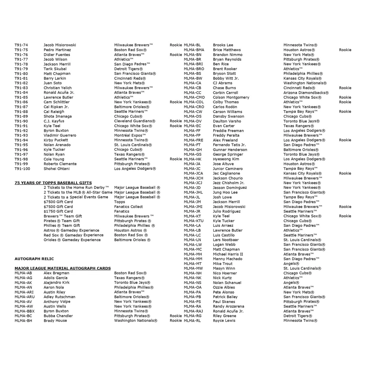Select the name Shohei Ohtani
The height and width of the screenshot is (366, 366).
56,169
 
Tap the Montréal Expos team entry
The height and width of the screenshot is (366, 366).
130,135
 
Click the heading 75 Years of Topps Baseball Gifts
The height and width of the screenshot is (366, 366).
53,183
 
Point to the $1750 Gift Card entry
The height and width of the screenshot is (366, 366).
58,211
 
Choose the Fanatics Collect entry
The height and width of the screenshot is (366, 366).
128,206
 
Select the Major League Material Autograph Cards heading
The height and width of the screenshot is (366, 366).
63,268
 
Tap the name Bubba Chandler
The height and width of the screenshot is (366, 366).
58,316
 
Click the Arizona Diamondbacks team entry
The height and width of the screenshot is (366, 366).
306,93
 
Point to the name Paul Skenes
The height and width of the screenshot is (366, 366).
224,302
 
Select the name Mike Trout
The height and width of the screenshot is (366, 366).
223,264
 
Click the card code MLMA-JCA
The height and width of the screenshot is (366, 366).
193,173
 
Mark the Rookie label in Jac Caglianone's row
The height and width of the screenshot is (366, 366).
345,173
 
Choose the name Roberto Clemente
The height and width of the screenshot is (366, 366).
60,164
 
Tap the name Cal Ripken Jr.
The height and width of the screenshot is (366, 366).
56,107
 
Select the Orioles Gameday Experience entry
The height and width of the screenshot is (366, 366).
72,240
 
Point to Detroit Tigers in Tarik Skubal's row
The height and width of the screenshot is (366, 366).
128,69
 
